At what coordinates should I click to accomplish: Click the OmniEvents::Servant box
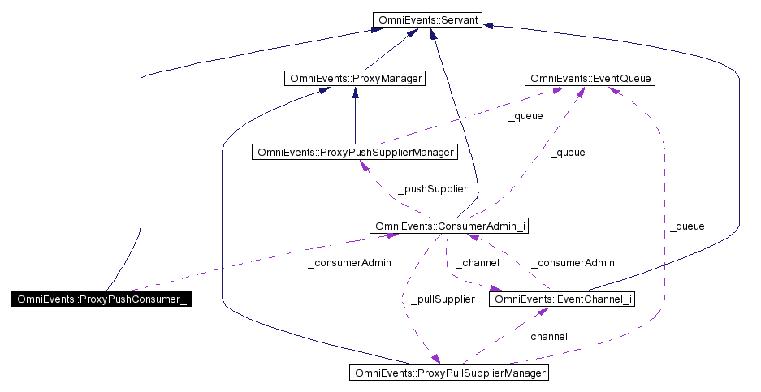(x=426, y=19)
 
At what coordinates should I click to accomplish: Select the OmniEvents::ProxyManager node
(x=354, y=79)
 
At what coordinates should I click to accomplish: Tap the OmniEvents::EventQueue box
(x=589, y=79)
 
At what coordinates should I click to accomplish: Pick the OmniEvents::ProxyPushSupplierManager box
(x=354, y=152)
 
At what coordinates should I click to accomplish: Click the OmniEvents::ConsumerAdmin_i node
(x=448, y=226)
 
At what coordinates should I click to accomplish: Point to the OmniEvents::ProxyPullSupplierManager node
(x=448, y=373)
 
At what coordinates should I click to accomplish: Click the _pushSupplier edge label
(x=432, y=189)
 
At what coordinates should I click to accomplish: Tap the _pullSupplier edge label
(x=442, y=299)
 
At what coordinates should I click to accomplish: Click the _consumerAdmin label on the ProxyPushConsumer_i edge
(x=350, y=263)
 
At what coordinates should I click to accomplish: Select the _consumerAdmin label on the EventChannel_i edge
(x=573, y=263)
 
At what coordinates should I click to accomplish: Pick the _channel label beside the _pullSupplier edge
(x=477, y=263)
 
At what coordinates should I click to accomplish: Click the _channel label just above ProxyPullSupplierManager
(x=545, y=336)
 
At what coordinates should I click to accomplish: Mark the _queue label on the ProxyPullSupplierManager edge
(x=687, y=226)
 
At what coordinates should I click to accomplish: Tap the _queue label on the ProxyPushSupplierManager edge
(x=525, y=116)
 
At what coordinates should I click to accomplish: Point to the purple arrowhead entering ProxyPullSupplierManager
(x=437, y=360)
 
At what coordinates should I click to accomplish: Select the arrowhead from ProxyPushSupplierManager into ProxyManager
(x=355, y=93)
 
